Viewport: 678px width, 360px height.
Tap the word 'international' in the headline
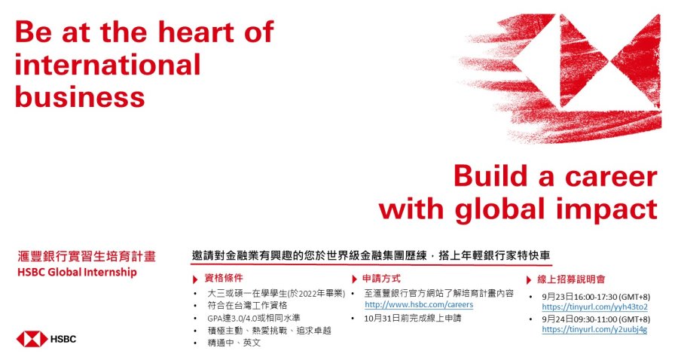[108, 65]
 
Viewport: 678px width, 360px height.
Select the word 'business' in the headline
[80, 96]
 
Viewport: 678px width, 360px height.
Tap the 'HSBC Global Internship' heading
[77, 273]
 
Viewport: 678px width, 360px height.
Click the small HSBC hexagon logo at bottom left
[32, 339]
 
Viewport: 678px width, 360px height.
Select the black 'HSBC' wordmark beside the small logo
[63, 339]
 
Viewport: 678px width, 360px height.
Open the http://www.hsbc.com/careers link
[419, 305]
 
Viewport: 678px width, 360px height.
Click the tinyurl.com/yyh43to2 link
[594, 307]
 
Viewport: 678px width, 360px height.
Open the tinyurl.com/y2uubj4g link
[594, 329]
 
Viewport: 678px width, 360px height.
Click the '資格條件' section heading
[224, 278]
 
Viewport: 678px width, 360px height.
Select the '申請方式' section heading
[381, 279]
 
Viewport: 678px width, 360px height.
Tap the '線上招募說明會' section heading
[571, 279]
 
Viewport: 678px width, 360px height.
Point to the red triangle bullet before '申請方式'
[355, 279]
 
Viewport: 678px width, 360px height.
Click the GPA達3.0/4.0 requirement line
[253, 318]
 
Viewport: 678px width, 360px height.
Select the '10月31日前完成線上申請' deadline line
[413, 319]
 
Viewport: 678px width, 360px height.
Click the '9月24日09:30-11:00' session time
[596, 319]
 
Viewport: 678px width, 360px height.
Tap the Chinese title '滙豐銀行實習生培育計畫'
[87, 256]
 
